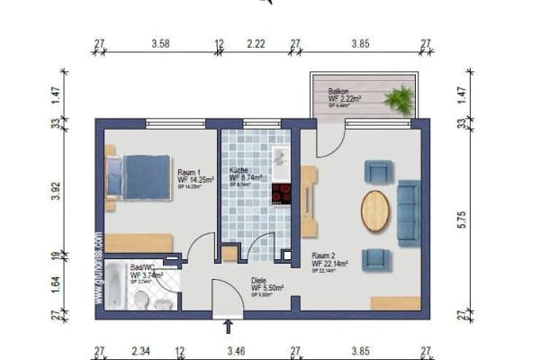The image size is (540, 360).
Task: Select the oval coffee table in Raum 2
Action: [x=375, y=211]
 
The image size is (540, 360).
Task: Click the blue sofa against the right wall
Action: [x=409, y=211]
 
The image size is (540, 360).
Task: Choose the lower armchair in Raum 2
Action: [x=375, y=259]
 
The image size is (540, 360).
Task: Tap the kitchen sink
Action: [x=281, y=157]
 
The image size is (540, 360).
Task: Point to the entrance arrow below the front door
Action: [x=228, y=326]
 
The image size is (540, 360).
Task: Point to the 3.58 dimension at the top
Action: [x=161, y=42]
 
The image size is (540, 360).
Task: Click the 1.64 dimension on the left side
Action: [x=56, y=285]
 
